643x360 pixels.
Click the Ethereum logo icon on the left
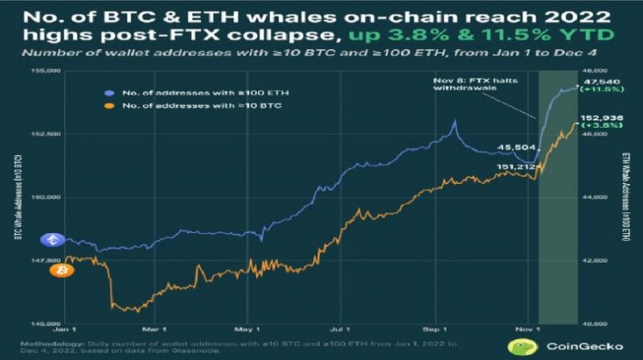click(57, 239)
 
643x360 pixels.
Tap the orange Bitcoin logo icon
click(57, 272)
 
